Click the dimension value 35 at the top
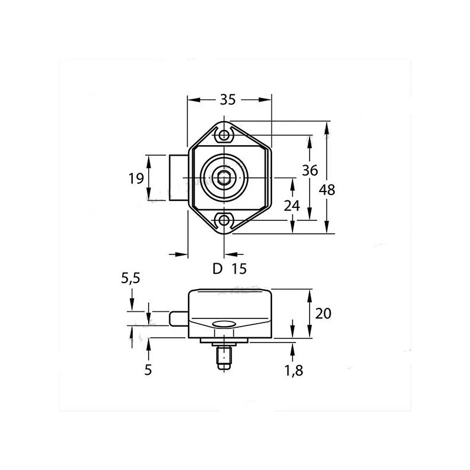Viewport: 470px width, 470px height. pos(228,100)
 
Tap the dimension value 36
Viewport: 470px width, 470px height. pos(310,170)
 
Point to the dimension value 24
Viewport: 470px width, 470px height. pos(292,206)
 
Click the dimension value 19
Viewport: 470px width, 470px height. pos(136,178)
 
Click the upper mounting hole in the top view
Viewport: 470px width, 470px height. pos(224,136)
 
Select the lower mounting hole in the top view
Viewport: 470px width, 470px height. pos(224,220)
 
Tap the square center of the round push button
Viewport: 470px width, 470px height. pos(224,177)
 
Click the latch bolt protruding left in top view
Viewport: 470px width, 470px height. pos(179,178)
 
